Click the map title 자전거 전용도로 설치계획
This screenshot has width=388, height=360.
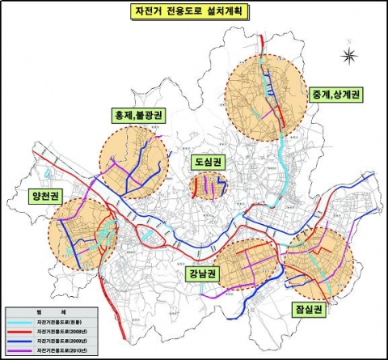(x=194, y=13)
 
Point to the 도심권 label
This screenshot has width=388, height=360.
(x=207, y=161)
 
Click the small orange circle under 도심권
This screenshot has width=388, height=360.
(x=208, y=185)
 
